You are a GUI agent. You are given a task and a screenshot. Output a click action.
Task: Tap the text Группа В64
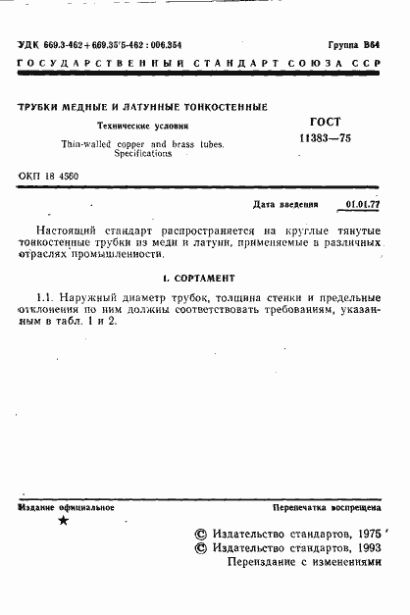(353, 46)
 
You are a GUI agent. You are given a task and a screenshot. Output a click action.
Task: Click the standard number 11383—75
(324, 139)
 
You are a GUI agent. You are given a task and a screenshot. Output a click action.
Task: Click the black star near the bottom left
(64, 521)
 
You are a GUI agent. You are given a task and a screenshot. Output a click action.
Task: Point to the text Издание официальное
(67, 507)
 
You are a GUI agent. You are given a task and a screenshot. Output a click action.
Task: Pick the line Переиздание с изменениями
(302, 564)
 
